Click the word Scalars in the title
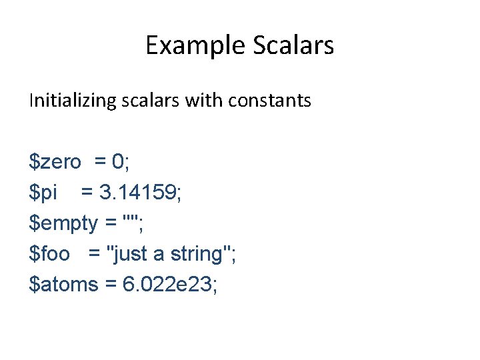294,45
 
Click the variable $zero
55,161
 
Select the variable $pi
43,193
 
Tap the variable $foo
49,254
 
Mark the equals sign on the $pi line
87,193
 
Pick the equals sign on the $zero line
100,162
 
